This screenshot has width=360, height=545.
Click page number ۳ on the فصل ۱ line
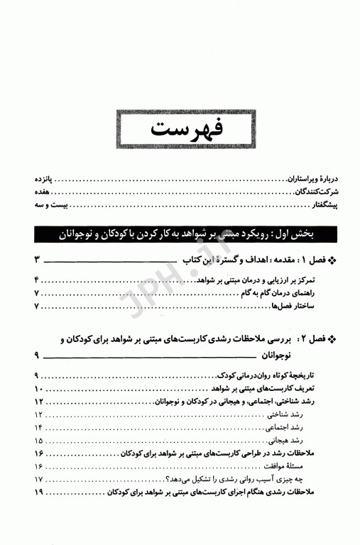[x=38, y=260]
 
